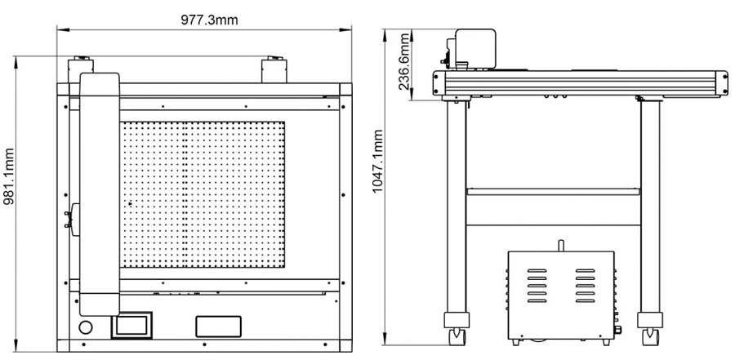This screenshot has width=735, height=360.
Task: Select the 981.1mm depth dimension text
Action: coord(10,201)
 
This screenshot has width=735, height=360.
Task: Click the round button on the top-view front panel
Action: coord(87,327)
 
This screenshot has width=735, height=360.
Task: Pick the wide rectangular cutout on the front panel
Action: coord(218,326)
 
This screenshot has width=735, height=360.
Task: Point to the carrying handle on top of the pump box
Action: coord(561,245)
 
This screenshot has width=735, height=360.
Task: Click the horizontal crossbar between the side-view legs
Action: coord(551,192)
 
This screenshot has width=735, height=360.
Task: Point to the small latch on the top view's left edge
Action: coord(72,216)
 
